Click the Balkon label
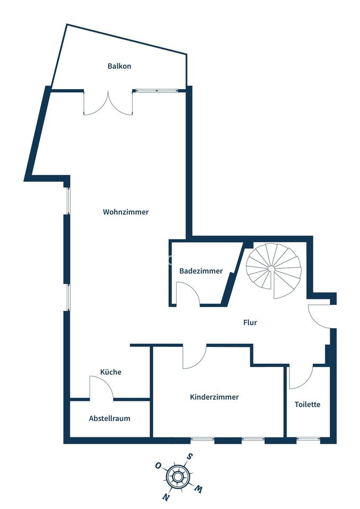(119, 66)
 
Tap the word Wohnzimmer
(126, 212)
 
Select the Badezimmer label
(201, 271)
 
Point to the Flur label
(250, 322)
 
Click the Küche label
(111, 372)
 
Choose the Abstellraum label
(109, 418)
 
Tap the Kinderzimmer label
(214, 397)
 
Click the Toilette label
(308, 404)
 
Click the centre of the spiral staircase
(271, 269)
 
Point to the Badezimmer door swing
(187, 294)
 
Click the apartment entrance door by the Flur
(319, 316)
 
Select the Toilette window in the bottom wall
(308, 440)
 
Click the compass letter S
(189, 456)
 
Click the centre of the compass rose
(178, 476)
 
